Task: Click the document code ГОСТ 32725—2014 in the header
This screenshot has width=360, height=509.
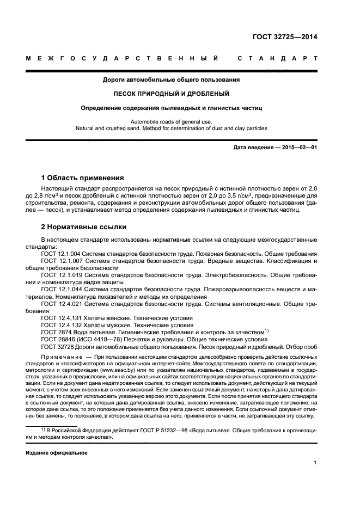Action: (285, 38)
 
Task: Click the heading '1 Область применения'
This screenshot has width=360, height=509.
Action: (83, 178)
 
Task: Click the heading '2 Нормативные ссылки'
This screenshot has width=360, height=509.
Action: (83, 226)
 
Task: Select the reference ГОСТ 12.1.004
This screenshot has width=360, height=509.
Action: (60, 254)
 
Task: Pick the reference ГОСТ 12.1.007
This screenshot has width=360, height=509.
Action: (60, 261)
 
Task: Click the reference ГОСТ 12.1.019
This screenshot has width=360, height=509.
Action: (60, 275)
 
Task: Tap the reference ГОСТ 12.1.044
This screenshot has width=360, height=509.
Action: (60, 289)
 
